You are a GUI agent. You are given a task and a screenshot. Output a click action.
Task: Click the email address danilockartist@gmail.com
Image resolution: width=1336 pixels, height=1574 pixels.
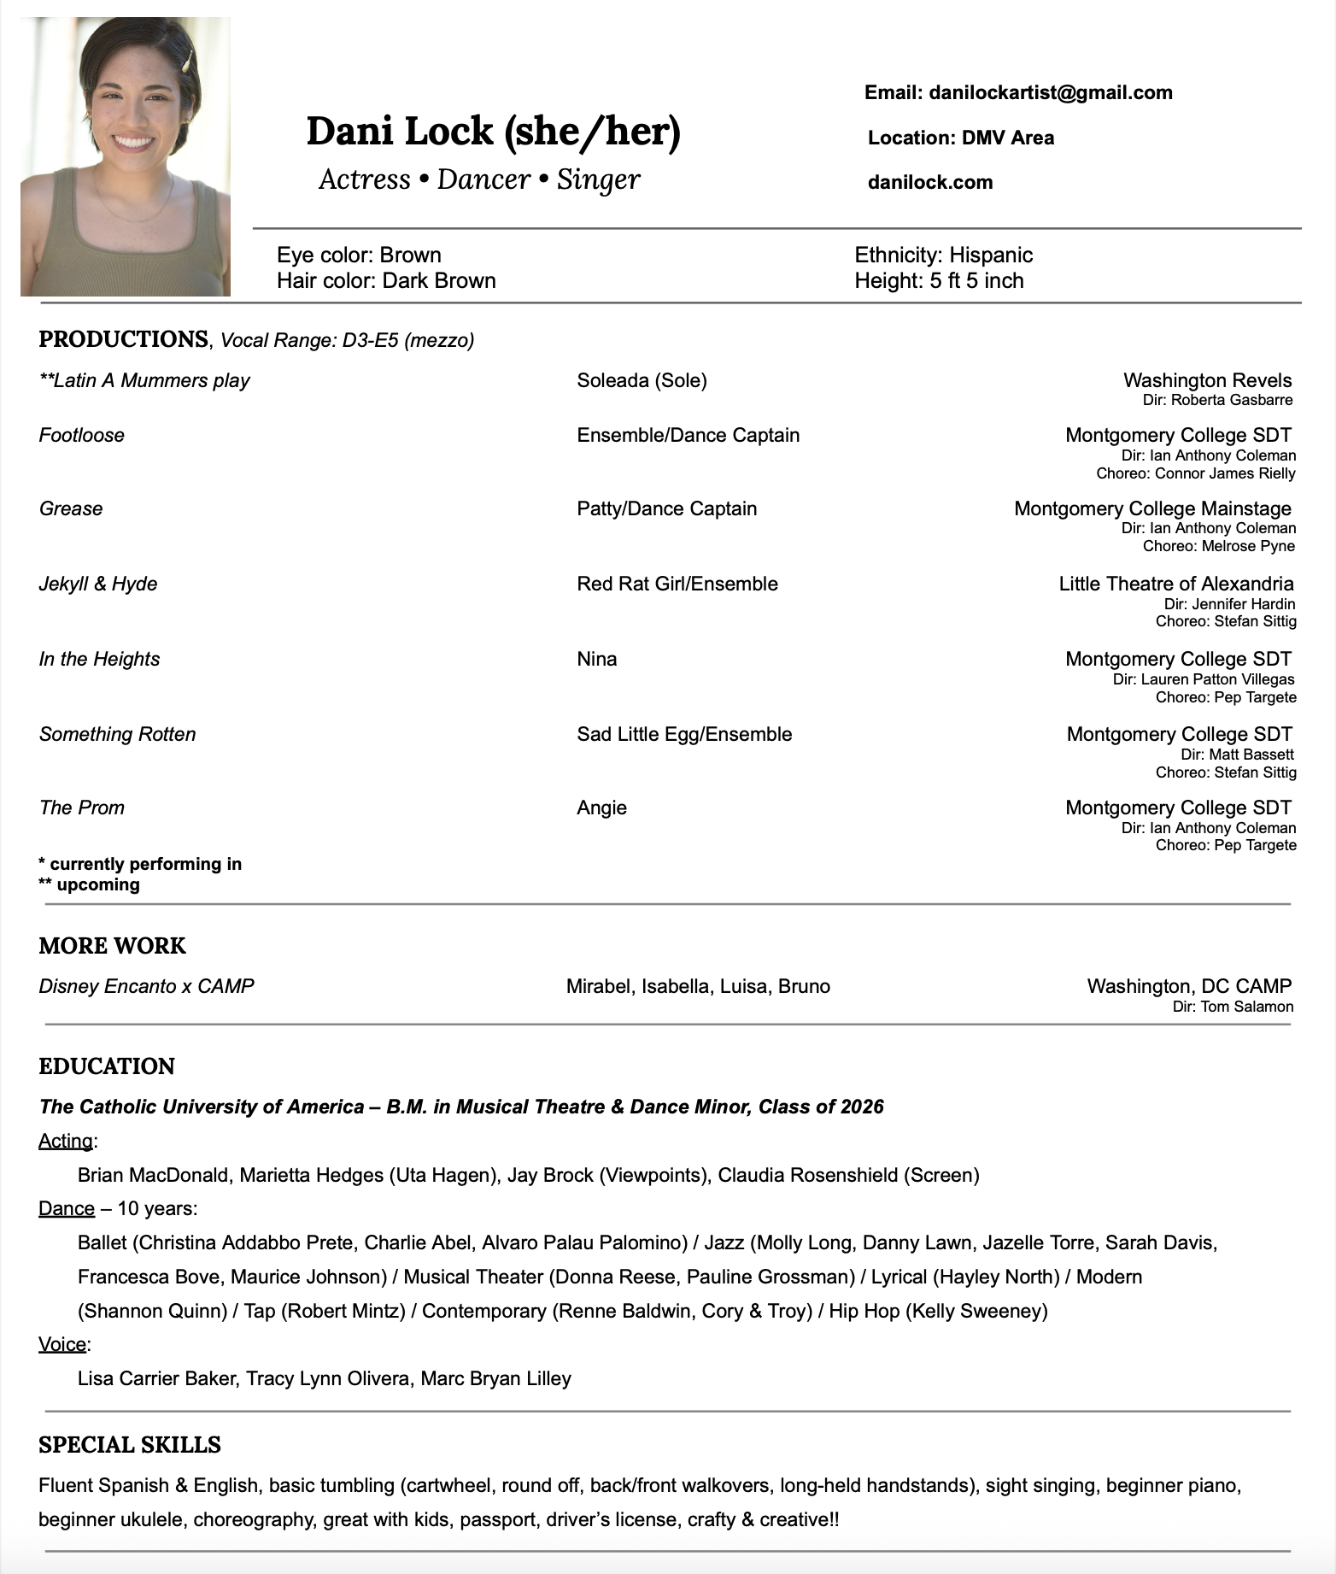[1050, 92]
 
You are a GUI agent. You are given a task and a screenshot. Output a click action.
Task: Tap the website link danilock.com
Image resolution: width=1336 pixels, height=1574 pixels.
[930, 182]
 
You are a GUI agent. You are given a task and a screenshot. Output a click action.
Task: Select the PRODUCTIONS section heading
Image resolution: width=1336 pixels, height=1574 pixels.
[124, 339]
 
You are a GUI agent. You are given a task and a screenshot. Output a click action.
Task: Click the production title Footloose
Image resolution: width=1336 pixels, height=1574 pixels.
[82, 435]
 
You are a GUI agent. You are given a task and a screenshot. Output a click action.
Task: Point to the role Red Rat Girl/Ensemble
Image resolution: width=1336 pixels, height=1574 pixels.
[677, 584]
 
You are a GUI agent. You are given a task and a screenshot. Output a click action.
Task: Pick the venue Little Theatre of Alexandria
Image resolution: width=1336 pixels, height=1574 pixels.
[1175, 584]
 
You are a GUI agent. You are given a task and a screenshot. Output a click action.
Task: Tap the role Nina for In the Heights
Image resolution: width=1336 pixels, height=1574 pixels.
[597, 659]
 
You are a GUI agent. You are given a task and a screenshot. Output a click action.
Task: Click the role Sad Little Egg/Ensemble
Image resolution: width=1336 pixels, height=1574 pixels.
[684, 734]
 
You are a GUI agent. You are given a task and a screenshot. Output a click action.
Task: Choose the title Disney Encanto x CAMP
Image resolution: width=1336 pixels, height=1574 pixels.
[147, 986]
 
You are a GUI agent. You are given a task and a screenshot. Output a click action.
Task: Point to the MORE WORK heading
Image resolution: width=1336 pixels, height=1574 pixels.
[112, 946]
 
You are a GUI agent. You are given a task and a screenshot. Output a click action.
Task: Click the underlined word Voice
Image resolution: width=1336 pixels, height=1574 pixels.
[62, 1344]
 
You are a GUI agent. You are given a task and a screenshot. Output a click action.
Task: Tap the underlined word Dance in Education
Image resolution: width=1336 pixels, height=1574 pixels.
[67, 1208]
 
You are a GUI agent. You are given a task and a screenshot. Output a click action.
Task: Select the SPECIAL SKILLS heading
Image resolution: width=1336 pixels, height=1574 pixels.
[130, 1445]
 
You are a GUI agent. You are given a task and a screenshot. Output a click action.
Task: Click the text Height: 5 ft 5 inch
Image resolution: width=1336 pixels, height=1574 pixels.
[939, 280]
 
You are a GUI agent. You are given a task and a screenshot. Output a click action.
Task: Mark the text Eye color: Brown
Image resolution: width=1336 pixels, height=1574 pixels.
[359, 255]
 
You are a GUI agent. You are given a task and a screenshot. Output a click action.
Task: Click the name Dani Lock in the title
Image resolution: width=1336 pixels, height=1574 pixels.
[400, 131]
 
